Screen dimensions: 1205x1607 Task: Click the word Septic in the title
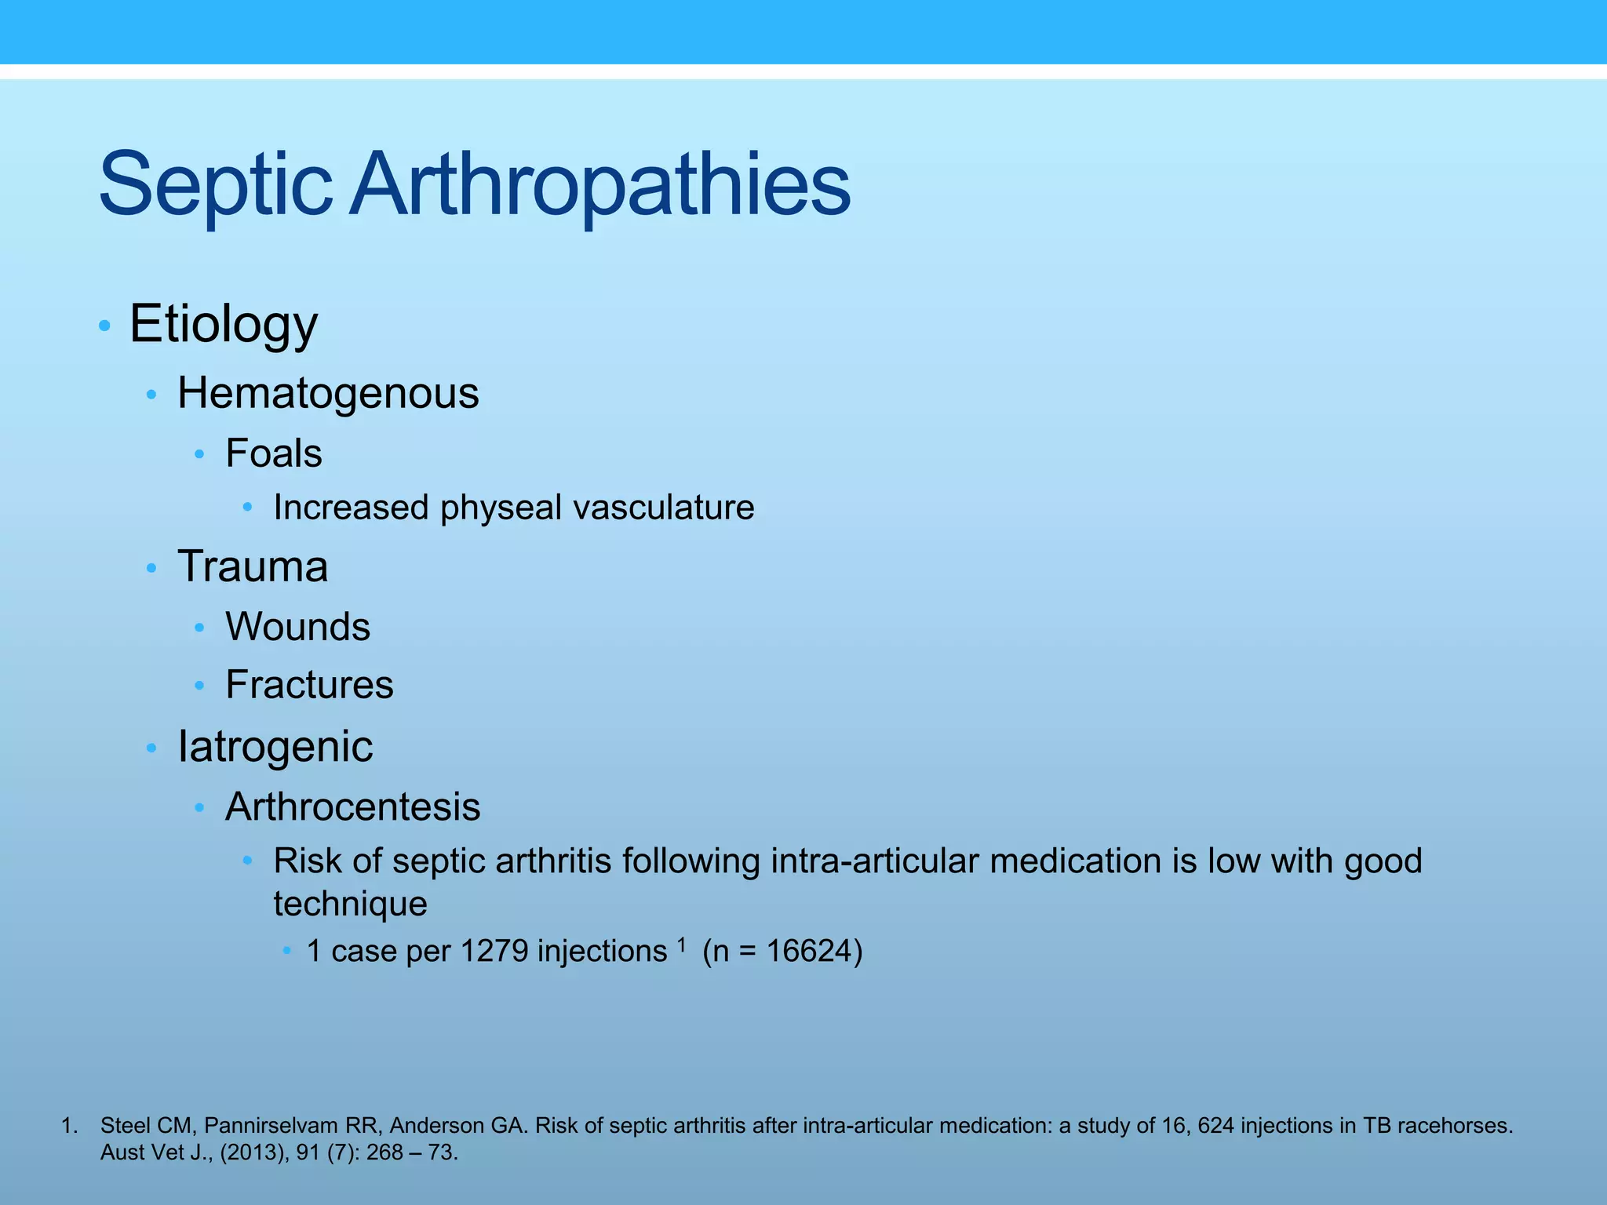click(216, 185)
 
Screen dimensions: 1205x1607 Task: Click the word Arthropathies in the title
click(600, 185)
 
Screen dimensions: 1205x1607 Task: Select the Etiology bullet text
click(224, 323)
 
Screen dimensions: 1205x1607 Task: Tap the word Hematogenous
click(328, 393)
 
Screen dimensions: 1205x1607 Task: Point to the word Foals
click(274, 453)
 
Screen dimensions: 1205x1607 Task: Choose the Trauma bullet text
click(253, 566)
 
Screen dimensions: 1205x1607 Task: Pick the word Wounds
click(297, 627)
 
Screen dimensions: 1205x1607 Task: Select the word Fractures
click(309, 685)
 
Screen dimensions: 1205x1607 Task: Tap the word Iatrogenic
click(275, 746)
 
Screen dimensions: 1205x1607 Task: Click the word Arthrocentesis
click(352, 807)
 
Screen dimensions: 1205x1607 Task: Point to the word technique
click(350, 904)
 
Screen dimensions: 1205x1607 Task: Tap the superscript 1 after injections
click(681, 945)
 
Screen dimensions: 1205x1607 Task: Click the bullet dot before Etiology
click(104, 326)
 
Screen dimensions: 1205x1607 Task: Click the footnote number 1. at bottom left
click(69, 1126)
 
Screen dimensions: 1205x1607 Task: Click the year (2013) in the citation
click(254, 1152)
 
